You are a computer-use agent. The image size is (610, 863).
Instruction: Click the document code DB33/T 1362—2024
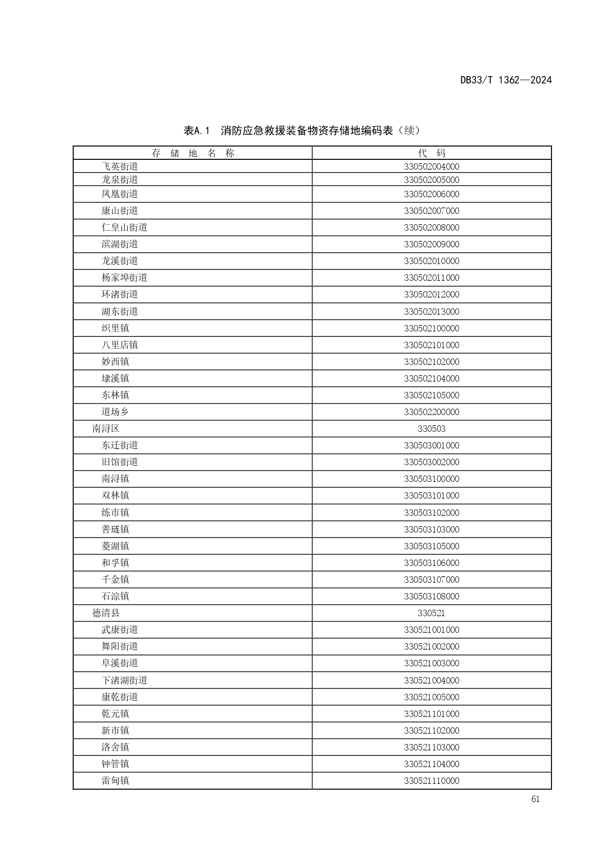[506, 80]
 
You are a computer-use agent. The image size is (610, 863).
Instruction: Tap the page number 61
[535, 799]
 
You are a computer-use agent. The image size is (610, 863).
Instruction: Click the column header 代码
[432, 153]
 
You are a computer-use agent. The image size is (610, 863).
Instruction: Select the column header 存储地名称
[193, 153]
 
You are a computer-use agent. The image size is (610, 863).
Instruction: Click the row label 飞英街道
[119, 166]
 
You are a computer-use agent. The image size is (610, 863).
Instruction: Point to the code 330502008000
[432, 228]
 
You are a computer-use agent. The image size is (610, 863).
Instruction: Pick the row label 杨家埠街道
[124, 277]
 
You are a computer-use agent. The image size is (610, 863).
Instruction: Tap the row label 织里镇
[115, 328]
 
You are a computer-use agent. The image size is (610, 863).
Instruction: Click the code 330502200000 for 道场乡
[432, 412]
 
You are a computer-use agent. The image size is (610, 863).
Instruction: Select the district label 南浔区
[106, 429]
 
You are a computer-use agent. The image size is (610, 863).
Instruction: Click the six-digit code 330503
[432, 429]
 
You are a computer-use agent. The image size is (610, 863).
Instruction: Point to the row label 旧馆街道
[119, 462]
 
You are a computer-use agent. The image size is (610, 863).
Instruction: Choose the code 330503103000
[432, 530]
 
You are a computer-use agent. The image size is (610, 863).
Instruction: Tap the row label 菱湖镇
[115, 546]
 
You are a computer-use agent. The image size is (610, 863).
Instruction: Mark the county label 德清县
[106, 613]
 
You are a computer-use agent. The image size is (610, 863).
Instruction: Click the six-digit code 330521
[432, 613]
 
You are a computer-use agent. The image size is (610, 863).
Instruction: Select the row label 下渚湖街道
[124, 680]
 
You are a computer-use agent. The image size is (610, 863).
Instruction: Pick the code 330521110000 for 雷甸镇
[432, 781]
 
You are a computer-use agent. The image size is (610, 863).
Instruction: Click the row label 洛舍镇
[115, 747]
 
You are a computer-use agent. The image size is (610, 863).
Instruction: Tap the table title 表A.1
[197, 131]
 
